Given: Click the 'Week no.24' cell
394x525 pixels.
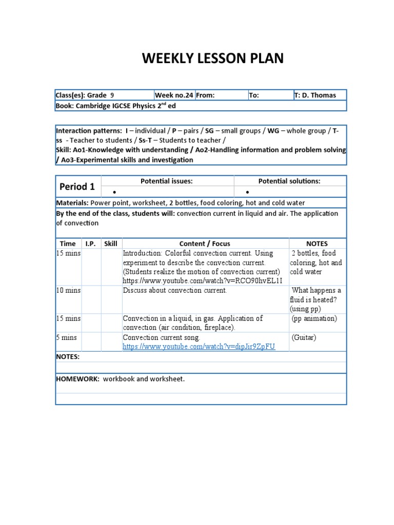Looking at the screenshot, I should click(x=174, y=95).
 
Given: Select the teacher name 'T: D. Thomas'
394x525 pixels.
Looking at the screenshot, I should click(x=315, y=95).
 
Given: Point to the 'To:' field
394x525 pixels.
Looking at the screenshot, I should click(x=254, y=95).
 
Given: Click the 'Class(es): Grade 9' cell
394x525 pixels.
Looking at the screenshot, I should click(x=85, y=95).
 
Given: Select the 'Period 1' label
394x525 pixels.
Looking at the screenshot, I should click(x=77, y=187).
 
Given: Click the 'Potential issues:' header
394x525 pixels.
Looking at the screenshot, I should click(x=167, y=181).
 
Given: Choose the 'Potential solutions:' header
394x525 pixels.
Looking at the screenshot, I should click(x=289, y=181).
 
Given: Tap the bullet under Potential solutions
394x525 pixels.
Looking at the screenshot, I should click(x=247, y=192).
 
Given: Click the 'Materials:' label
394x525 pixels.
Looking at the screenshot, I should click(x=72, y=203).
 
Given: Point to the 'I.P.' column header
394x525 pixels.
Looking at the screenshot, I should click(x=90, y=244).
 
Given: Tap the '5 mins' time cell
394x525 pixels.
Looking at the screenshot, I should click(x=66, y=337).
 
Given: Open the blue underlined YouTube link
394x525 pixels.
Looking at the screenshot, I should click(x=199, y=347).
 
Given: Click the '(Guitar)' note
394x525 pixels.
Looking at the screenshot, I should click(x=304, y=337).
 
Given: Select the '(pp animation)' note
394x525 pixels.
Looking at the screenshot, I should click(x=314, y=318).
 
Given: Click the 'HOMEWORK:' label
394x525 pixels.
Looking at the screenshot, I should click(x=77, y=379).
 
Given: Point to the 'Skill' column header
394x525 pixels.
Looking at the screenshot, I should click(x=111, y=244).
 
